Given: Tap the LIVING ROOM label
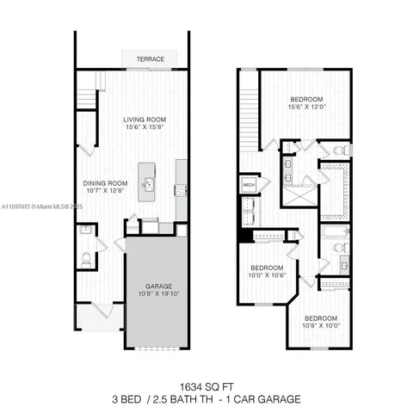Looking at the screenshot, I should (144, 120).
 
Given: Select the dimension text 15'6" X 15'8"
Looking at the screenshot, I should (144, 129).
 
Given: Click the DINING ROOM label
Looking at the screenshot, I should (105, 182).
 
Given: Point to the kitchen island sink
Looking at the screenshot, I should (148, 183).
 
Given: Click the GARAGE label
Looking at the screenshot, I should (158, 286).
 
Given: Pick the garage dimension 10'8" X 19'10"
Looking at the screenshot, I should (158, 295).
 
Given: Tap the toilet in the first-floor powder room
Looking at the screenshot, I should (86, 259).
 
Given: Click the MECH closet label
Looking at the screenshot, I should (250, 185).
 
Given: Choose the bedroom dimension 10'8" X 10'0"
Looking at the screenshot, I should (320, 324).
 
